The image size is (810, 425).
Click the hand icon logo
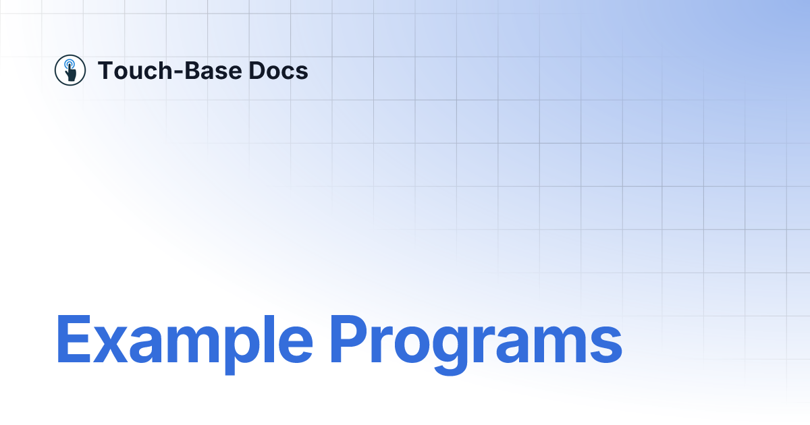[70, 70]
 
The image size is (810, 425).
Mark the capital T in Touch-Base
[105, 70]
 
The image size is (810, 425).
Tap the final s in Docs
[302, 72]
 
